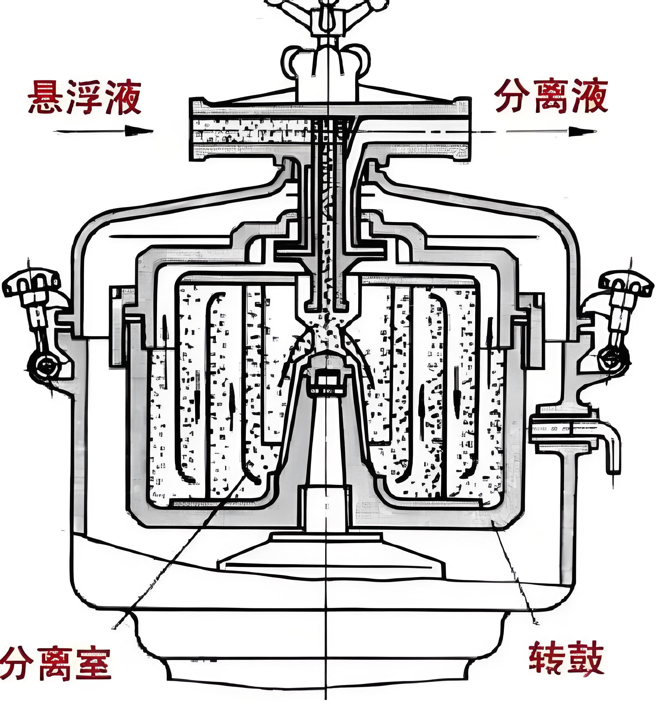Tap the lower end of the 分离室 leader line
(115, 626)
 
